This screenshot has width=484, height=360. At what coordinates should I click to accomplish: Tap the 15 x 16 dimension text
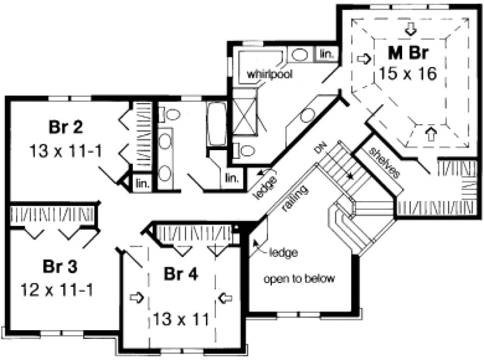pos(407,73)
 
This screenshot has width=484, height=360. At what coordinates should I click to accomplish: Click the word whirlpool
pos(270,74)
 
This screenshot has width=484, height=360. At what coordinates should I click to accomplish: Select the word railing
pos(295,199)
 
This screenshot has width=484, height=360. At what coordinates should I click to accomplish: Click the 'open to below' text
pos(300,280)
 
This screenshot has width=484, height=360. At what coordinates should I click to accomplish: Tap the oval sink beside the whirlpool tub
pos(298,54)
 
